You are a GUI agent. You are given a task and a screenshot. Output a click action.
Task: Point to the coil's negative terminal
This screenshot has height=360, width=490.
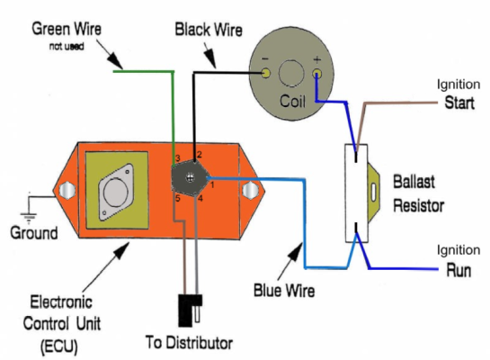click(x=266, y=73)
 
